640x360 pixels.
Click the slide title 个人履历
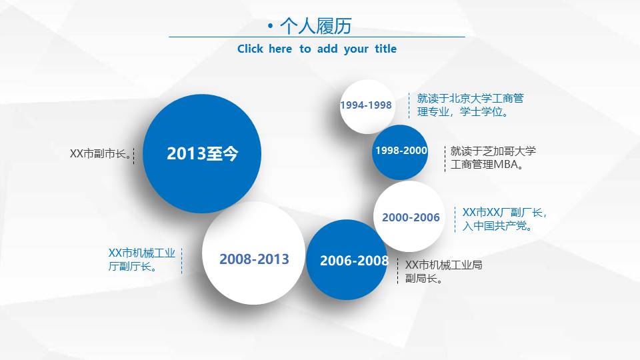pyautogui.click(x=315, y=26)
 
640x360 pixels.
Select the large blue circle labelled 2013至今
pyautogui.click(x=202, y=154)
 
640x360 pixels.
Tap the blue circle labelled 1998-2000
pyautogui.click(x=400, y=151)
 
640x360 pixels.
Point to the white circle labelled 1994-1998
pyautogui.click(x=367, y=105)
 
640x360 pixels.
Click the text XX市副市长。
pyautogui.click(x=99, y=154)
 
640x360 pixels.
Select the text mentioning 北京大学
pyautogui.click(x=470, y=99)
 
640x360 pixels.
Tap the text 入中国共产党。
pyautogui.click(x=497, y=227)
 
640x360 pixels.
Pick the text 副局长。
pyautogui.click(x=425, y=279)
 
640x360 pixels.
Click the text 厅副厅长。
pyautogui.click(x=133, y=267)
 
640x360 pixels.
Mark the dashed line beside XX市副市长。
pyautogui.click(x=134, y=156)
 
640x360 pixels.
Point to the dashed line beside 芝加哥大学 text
pyautogui.click(x=445, y=158)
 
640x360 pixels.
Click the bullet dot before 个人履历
pyautogui.click(x=270, y=26)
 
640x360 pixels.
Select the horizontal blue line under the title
pyautogui.click(x=317, y=37)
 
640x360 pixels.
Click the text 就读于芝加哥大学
pyautogui.click(x=493, y=151)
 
